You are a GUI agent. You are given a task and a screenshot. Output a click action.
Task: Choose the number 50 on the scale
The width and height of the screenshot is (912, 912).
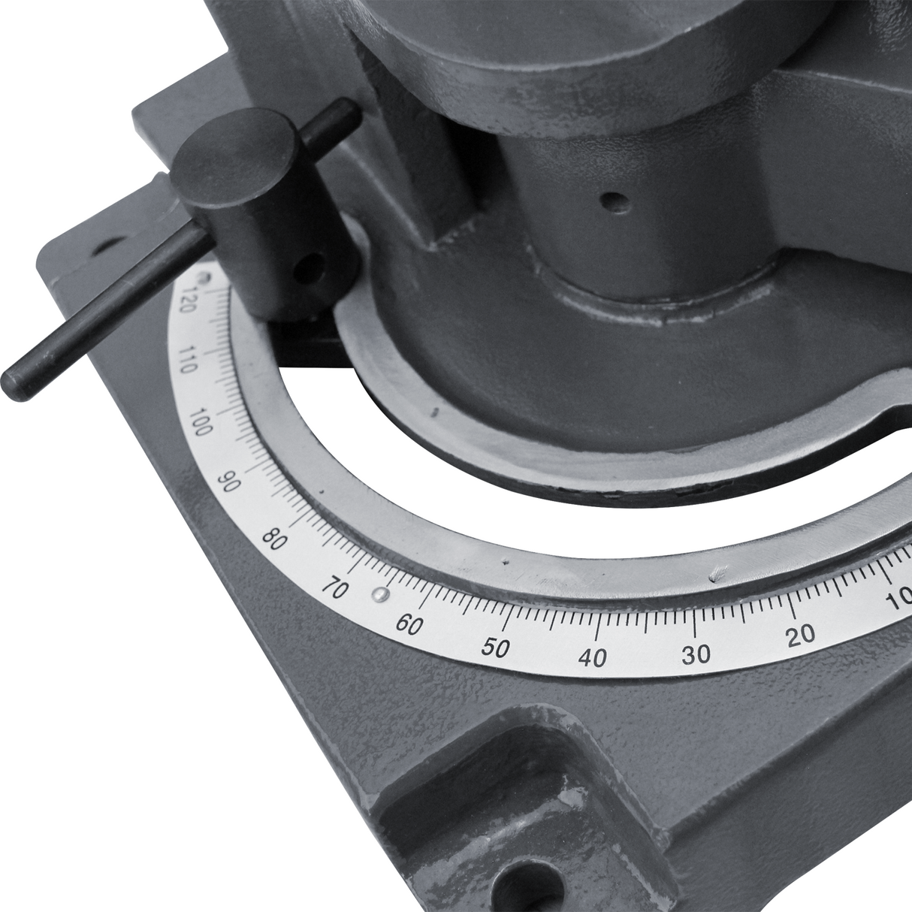497,648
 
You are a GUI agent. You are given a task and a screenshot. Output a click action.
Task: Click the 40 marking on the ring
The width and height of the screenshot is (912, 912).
592,659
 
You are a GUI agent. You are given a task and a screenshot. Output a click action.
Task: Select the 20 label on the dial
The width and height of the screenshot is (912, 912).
802,634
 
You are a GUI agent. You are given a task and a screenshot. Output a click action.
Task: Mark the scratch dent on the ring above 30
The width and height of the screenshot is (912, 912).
717,574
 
